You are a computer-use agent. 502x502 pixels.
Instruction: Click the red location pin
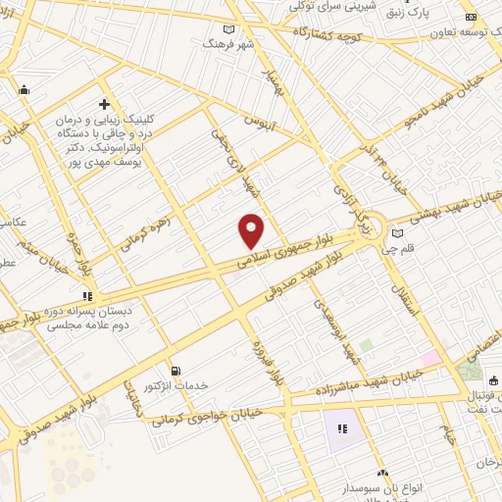pyautogui.click(x=252, y=230)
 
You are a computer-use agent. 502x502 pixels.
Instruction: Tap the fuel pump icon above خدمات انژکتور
pyautogui.click(x=176, y=372)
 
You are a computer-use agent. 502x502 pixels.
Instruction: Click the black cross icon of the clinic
pyautogui.click(x=104, y=104)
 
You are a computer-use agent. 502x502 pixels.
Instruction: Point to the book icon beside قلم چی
pyautogui.click(x=397, y=233)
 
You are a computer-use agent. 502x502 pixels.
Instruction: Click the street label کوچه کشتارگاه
pyautogui.click(x=332, y=37)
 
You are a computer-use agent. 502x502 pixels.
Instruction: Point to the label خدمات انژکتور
pyautogui.click(x=176, y=386)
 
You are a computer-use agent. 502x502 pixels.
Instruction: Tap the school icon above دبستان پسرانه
pyautogui.click(x=86, y=295)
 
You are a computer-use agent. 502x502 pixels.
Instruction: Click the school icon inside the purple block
pyautogui.click(x=342, y=428)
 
